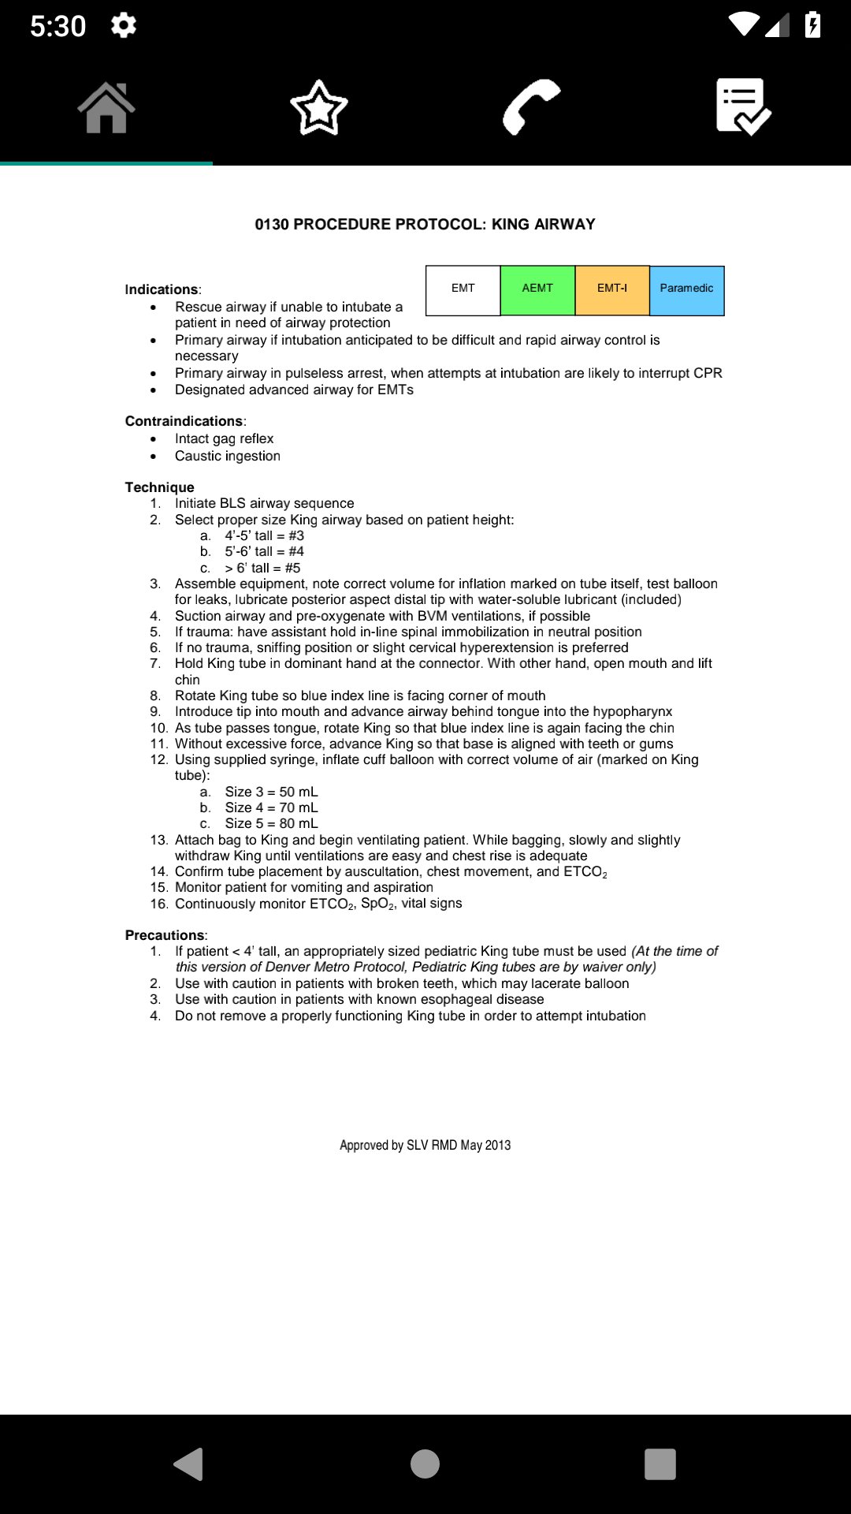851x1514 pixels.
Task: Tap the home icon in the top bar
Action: coord(106,107)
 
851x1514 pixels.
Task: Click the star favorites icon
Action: coord(318,107)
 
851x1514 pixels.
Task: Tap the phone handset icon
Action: coord(531,107)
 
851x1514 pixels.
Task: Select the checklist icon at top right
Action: coord(743,107)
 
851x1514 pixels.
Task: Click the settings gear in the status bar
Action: coord(124,25)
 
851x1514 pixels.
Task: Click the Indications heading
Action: coord(162,289)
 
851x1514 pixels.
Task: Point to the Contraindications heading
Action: coord(184,421)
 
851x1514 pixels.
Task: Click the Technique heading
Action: coord(159,487)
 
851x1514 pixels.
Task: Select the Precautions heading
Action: coord(165,935)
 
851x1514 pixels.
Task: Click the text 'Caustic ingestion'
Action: coord(228,456)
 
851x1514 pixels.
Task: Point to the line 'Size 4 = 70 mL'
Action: coord(271,807)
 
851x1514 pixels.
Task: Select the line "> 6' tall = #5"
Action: coord(262,568)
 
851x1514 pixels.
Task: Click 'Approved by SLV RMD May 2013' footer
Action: coord(425,1145)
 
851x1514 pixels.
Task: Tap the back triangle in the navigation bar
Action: coord(189,1464)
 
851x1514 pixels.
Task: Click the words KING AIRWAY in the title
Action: coord(543,224)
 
